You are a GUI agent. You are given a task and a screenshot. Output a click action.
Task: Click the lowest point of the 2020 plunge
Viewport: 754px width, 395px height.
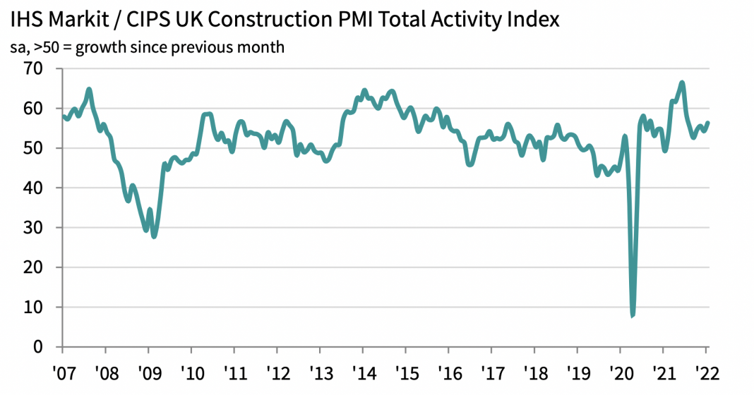point(633,315)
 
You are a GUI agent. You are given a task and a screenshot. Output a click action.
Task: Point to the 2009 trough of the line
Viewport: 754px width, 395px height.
point(154,236)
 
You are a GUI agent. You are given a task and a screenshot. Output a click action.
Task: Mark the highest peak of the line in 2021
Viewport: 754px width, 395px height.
point(682,83)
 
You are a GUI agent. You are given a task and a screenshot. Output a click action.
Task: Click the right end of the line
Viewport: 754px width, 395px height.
point(708,123)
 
